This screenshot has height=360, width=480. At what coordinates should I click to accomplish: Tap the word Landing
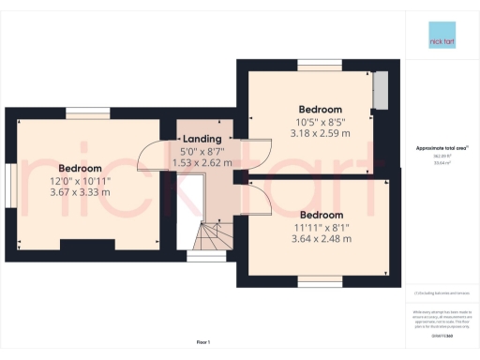pos(202,139)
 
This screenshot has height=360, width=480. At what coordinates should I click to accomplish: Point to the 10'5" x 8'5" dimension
pos(320,122)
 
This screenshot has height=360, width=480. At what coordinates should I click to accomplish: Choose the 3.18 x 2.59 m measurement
pos(320,134)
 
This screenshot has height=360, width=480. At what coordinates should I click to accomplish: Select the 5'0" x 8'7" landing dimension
pos(202,151)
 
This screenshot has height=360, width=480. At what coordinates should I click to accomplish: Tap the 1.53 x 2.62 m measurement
pos(202,162)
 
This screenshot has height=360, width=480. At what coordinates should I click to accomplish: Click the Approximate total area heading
pos(442,148)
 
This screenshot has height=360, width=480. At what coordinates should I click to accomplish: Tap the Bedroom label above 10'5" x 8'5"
pos(320,109)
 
